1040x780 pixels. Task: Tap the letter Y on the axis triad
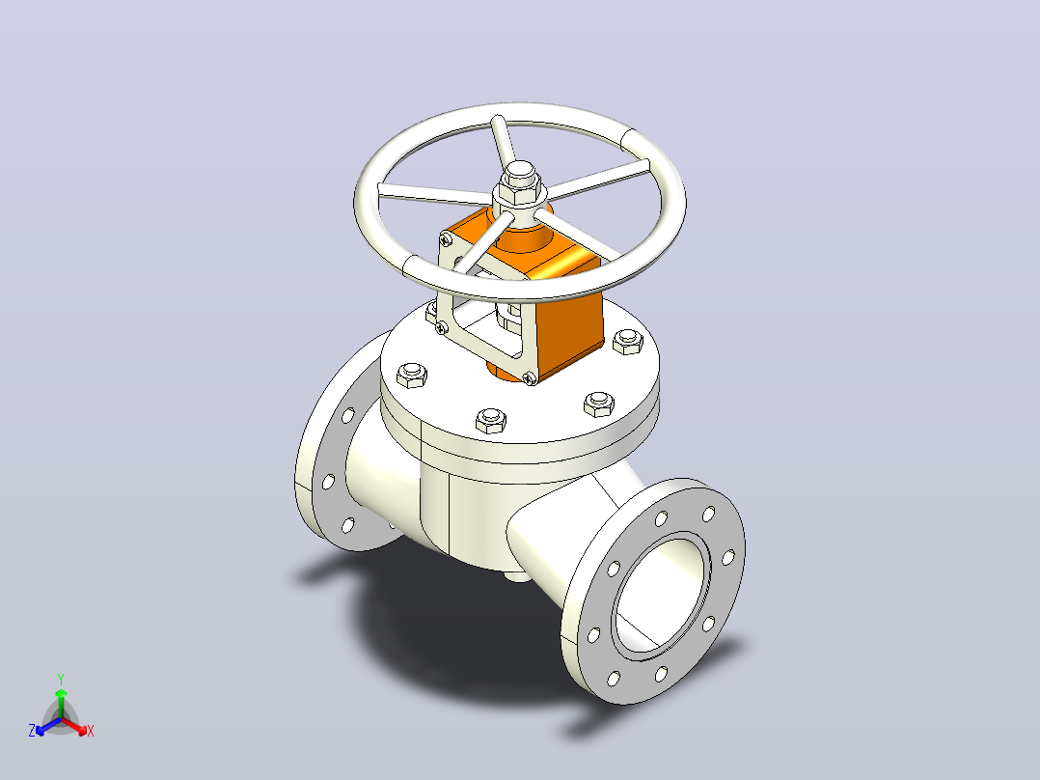pos(61,679)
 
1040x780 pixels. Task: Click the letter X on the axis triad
pos(91,731)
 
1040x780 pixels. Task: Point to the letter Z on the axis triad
pos(32,731)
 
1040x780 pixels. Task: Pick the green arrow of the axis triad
pos(61,703)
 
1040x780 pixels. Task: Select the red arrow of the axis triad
pos(74,726)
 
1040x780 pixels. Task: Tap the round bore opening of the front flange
pos(661,596)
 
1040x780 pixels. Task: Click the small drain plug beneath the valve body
pos(519,575)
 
